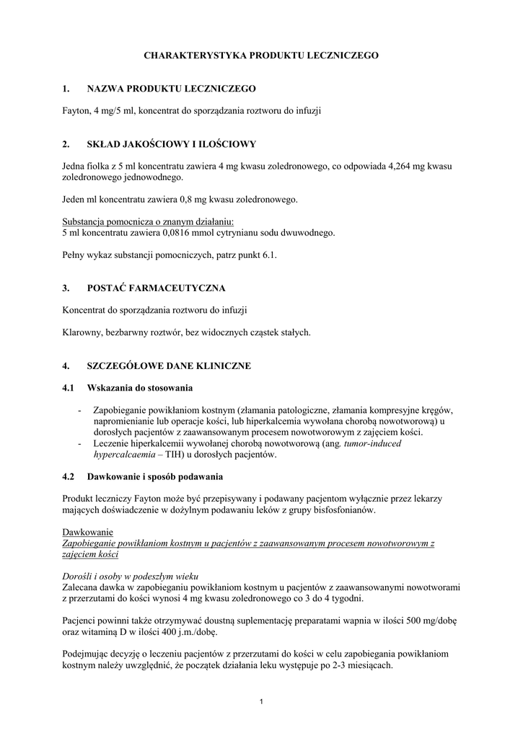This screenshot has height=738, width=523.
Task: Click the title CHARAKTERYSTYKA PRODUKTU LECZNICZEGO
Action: click(x=261, y=55)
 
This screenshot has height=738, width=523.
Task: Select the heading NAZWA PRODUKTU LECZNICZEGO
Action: click(x=171, y=89)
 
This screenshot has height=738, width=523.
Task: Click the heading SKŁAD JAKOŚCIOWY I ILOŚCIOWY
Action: click(x=171, y=144)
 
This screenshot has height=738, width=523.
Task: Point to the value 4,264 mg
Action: click(x=402, y=166)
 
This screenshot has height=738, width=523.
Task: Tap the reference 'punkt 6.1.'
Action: click(x=258, y=255)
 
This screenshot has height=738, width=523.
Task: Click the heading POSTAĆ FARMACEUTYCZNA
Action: click(x=156, y=288)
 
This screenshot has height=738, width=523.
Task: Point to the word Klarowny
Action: click(x=84, y=332)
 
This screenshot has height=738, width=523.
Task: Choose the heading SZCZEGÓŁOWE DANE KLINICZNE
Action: click(x=169, y=366)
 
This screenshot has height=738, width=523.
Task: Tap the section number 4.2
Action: click(x=69, y=477)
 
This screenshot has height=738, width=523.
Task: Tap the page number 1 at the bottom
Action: click(x=261, y=703)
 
